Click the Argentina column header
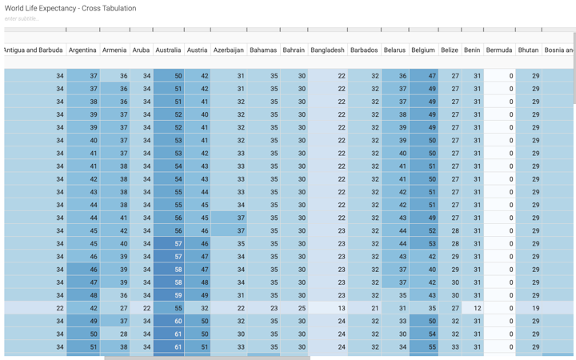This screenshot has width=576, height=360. [x=82, y=50]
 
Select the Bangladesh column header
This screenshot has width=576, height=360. [x=327, y=50]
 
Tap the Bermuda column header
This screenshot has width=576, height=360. [x=499, y=50]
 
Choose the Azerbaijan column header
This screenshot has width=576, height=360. [x=229, y=50]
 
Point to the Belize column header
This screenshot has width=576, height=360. [x=450, y=50]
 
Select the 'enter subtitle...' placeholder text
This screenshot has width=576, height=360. [x=22, y=18]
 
